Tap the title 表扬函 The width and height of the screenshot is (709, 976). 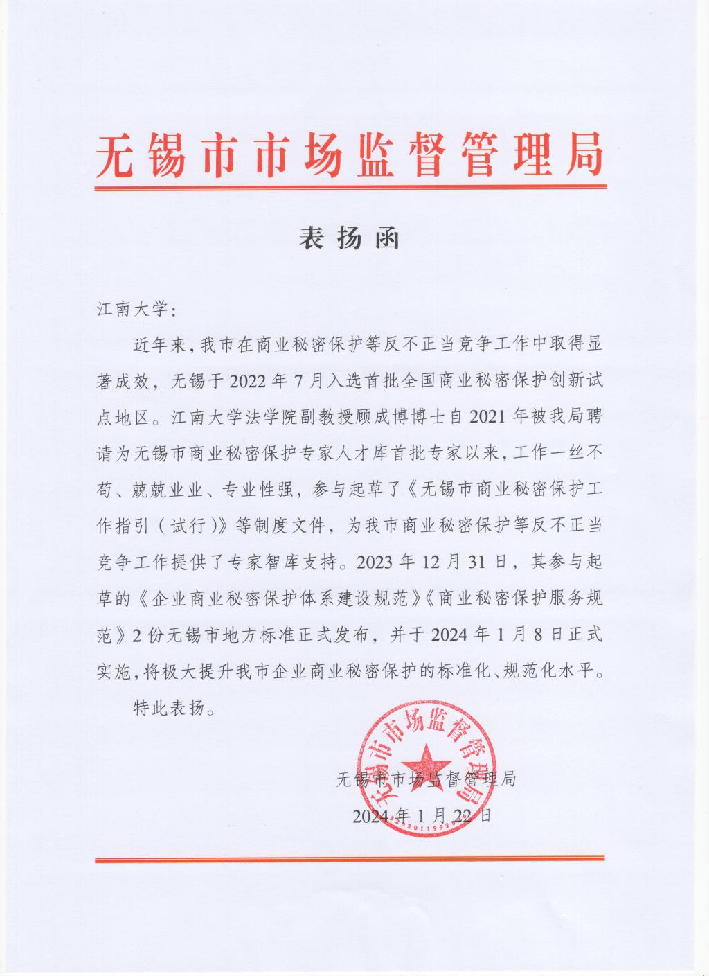pyautogui.click(x=350, y=238)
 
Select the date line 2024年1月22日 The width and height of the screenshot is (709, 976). pyautogui.click(x=422, y=815)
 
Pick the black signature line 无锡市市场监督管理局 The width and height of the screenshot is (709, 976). pyautogui.click(x=425, y=779)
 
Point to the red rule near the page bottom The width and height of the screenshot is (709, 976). pyautogui.click(x=350, y=861)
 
